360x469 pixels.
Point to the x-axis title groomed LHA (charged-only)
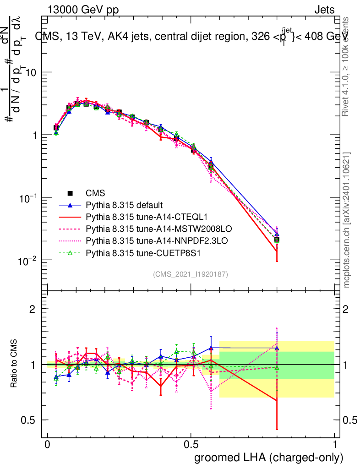click(269, 458)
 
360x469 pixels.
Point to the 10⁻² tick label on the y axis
click(28, 260)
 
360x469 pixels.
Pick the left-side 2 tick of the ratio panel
click(33, 309)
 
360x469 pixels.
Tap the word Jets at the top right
click(324, 10)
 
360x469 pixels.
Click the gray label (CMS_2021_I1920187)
click(191, 274)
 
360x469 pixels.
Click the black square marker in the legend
click(70, 193)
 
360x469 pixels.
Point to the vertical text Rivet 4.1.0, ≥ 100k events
click(346, 67)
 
